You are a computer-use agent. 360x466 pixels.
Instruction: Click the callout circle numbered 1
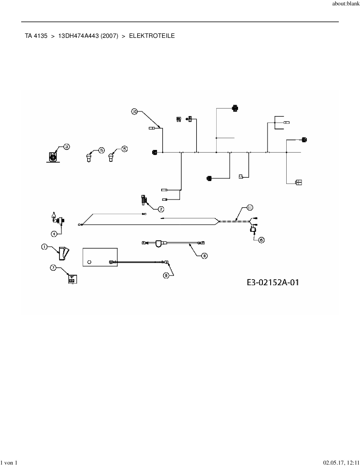(44, 247)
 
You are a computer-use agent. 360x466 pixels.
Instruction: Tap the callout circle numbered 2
(161, 209)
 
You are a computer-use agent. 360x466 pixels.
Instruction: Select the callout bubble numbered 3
(66, 147)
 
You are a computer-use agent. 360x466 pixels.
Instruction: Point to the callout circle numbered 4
(54, 234)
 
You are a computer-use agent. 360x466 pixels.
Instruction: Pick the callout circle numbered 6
(261, 240)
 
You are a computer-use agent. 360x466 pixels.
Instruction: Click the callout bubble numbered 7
(53, 267)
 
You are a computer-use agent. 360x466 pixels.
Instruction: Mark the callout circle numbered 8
(204, 256)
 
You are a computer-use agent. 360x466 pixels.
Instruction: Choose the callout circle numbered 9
(166, 275)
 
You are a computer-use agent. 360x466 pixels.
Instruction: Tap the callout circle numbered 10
(134, 112)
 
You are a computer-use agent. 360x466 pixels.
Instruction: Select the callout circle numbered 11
(250, 208)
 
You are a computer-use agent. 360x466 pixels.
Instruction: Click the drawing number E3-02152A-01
(273, 282)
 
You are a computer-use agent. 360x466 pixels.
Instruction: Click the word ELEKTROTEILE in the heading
(152, 36)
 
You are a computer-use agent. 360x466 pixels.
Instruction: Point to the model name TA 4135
(36, 36)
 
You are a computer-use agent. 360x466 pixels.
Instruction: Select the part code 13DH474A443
(78, 36)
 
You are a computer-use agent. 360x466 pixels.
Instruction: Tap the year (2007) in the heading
(109, 36)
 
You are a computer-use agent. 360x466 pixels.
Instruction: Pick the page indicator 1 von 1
(9, 463)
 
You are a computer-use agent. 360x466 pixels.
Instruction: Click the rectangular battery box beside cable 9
(100, 257)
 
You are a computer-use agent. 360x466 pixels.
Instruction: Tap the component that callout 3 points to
(53, 157)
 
